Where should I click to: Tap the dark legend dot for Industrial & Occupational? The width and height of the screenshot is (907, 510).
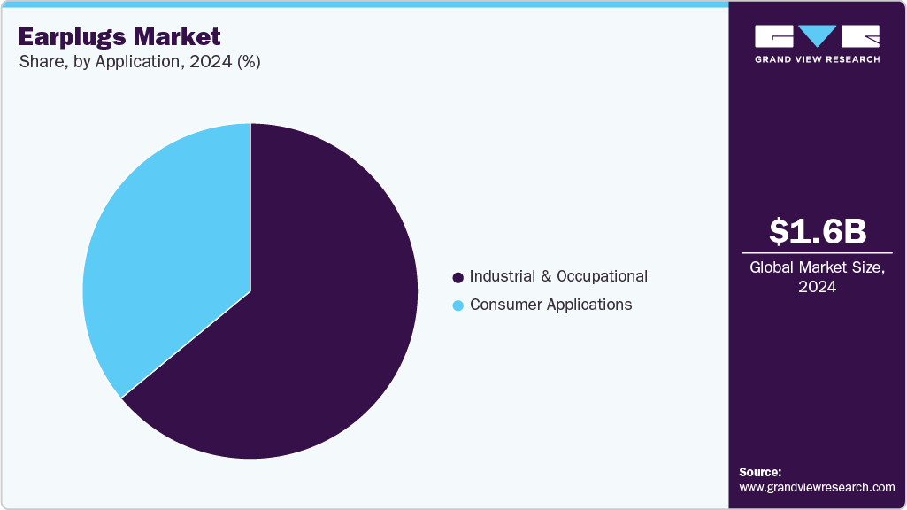[x=457, y=277]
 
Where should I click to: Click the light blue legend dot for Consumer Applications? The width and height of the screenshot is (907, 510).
[x=457, y=305]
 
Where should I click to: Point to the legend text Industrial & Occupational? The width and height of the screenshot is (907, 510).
[x=558, y=276]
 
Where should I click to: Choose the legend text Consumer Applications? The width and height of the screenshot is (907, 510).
[x=550, y=305]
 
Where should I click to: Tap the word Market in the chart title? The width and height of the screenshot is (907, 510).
[x=181, y=37]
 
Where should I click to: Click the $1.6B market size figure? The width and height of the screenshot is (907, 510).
[x=817, y=231]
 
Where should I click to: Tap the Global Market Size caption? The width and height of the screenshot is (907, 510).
[x=817, y=267]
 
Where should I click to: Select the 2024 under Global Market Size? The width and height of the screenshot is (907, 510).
[x=817, y=287]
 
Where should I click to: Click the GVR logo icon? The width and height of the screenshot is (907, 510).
[x=817, y=36]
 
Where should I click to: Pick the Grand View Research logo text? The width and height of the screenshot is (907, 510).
[x=817, y=59]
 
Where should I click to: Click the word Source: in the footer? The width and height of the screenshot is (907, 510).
[x=760, y=472]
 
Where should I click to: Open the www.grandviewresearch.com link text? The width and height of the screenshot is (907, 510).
[x=817, y=487]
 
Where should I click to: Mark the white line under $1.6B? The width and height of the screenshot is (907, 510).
[x=817, y=253]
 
